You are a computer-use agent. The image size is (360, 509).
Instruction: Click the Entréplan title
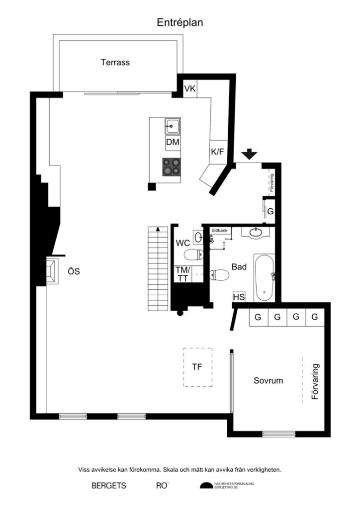coord(180,22)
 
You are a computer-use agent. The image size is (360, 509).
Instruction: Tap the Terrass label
coord(115,63)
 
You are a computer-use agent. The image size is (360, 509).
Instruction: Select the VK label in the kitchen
coord(190,89)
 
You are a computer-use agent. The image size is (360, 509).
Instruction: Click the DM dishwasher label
coord(173,143)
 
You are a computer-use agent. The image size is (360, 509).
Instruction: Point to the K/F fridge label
coord(218,152)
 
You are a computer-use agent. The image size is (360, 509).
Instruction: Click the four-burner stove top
coord(172,167)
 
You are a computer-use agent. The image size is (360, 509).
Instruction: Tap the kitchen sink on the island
coord(173,126)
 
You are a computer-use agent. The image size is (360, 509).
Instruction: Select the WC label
coord(183,243)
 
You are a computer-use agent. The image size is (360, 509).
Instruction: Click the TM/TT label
coord(182,274)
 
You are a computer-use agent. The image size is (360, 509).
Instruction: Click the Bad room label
coord(239,267)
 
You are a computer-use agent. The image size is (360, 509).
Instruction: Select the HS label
coord(239,297)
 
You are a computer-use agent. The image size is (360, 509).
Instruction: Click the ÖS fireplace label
coord(74,271)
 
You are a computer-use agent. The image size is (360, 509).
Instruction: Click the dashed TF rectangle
coord(197,367)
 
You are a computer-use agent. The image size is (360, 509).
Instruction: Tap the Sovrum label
coord(268,381)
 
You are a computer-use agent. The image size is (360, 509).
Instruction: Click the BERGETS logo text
coord(109,486)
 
